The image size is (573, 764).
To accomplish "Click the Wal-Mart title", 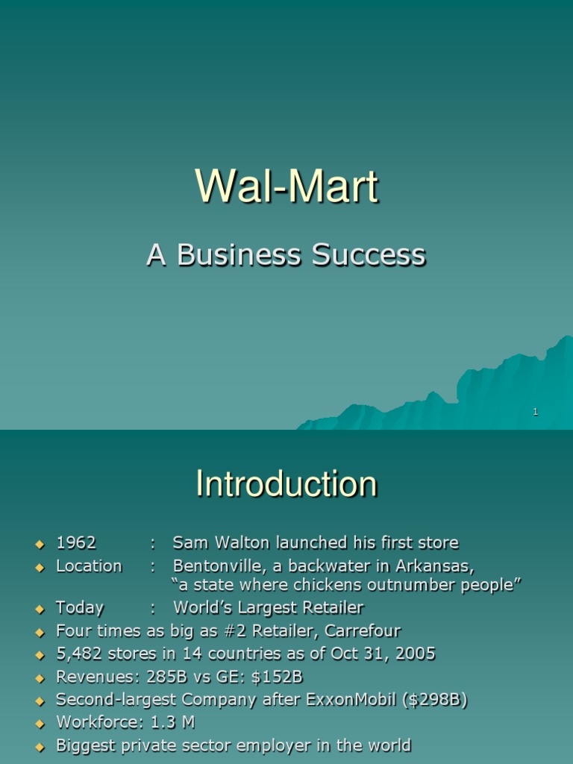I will click(x=286, y=187).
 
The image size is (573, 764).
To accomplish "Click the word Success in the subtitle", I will click(x=369, y=255).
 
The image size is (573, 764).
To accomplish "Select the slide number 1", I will click(x=536, y=412).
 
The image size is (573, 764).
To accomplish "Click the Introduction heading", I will click(x=286, y=484).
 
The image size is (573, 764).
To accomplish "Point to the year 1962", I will click(x=76, y=542).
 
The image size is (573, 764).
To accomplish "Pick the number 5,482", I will click(x=79, y=654).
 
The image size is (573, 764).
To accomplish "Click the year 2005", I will click(x=416, y=654).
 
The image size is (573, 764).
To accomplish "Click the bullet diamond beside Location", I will click(x=40, y=567).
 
